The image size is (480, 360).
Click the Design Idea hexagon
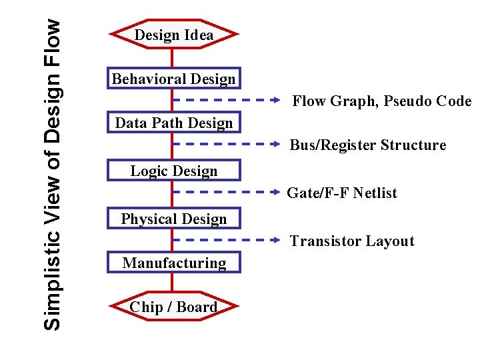coord(173,35)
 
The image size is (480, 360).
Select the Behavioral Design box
coord(173,79)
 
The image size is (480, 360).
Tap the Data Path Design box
coord(173,123)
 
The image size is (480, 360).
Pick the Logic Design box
coord(173,171)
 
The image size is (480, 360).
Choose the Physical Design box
coord(173,219)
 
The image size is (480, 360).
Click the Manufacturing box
coord(173,263)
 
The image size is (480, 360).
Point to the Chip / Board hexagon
coord(173,307)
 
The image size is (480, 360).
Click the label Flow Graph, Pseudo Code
coord(381,101)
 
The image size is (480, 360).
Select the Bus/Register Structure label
coord(367,145)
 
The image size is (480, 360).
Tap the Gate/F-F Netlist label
coord(341,193)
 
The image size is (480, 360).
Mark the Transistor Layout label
coord(351,241)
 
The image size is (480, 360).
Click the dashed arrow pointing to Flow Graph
coord(227,101)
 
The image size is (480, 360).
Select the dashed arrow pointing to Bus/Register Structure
coord(227,143)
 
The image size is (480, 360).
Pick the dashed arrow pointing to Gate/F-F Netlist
coord(227,191)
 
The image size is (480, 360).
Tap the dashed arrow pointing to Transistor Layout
coord(227,239)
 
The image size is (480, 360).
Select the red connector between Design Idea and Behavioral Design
coord(173,57)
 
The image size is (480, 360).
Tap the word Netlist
coord(375,193)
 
